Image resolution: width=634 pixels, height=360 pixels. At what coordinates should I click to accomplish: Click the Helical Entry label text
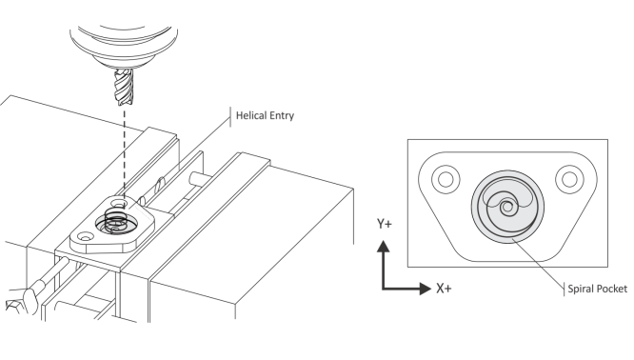265,115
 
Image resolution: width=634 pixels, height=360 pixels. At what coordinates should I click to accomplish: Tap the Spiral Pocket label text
597,289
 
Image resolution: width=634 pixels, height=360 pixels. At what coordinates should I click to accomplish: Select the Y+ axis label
385,224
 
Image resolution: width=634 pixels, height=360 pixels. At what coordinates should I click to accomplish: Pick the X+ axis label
444,289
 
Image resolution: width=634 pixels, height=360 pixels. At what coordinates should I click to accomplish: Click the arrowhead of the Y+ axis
384,247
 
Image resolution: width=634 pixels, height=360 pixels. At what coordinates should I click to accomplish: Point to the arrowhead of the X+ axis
426,289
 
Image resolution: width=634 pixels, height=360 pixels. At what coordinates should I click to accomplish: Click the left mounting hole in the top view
446,179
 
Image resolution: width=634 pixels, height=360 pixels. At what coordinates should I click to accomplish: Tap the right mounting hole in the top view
569,179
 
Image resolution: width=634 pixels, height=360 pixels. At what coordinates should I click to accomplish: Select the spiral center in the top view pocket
507,208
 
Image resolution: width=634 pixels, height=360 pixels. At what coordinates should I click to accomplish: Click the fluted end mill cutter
124,87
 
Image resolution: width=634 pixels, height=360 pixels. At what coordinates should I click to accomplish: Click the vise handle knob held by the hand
30,299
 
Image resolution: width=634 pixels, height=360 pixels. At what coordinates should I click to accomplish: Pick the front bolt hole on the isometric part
86,236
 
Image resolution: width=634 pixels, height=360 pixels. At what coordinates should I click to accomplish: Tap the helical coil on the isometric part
116,220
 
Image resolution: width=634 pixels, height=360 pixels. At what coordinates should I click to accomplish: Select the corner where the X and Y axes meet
384,289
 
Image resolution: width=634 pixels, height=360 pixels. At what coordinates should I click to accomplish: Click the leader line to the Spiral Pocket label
538,263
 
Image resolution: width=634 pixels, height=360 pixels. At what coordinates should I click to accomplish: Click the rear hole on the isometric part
118,202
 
